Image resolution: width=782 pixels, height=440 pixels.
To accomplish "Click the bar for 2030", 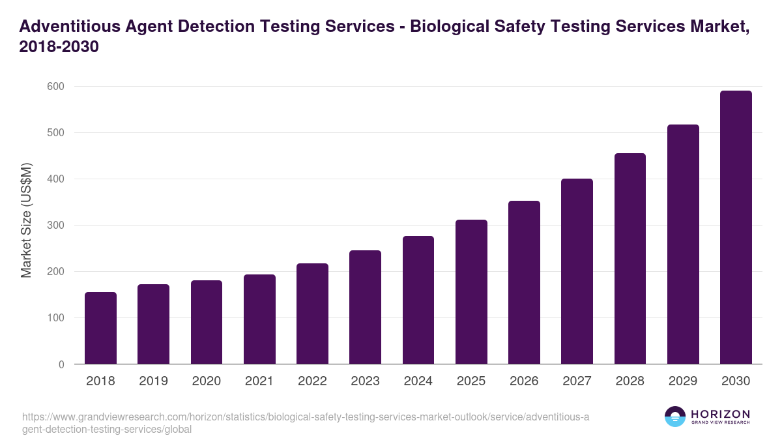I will coord(736,227).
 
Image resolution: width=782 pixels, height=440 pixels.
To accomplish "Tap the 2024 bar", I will coord(418,300).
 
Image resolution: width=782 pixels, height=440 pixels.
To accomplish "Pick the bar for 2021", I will coord(259,319).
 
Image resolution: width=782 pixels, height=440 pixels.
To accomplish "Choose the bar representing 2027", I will coord(577,271).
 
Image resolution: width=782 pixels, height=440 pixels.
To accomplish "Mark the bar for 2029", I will coord(683,244).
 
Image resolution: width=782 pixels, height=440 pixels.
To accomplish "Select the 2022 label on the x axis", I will coord(312,381).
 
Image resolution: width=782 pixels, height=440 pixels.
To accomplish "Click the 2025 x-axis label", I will coord(471,381).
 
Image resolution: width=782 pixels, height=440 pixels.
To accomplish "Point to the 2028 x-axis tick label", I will coord(630,381).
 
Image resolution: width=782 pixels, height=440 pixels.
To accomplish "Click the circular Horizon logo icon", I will coord(675,417).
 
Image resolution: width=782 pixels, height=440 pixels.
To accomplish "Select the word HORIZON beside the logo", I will coord(720,414).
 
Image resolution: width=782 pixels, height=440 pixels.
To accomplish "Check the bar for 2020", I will coord(207,322).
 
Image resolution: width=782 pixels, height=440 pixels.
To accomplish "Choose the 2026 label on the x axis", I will coord(524,381).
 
